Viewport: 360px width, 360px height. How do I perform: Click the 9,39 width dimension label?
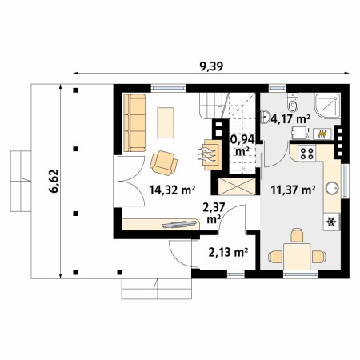coord(211,66)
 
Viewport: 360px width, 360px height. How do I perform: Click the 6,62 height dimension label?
coord(54,181)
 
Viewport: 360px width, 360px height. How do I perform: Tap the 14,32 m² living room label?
coord(172,190)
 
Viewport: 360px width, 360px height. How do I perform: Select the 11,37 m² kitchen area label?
coord(293,190)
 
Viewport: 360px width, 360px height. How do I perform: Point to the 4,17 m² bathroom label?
coord(290,119)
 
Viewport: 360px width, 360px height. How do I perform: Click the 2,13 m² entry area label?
coord(228,252)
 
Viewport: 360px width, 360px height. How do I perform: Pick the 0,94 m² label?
coord(242,146)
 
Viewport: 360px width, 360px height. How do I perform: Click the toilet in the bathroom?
coord(293,102)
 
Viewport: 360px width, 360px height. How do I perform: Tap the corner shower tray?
coord(327,106)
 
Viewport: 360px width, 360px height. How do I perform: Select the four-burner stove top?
coord(306,154)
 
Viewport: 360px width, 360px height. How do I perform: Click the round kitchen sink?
coord(332,188)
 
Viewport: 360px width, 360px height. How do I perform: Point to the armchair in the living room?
coord(164,163)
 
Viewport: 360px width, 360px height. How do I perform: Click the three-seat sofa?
coord(134,122)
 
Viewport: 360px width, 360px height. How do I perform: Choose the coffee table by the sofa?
coord(166,122)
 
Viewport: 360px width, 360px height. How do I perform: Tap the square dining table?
coord(297,257)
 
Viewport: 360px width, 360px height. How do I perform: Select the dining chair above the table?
coord(297,235)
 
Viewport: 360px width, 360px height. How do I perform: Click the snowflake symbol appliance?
coord(331,222)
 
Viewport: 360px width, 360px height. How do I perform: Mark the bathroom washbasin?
coord(265,117)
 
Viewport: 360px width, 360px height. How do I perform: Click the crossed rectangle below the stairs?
coord(237,186)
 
